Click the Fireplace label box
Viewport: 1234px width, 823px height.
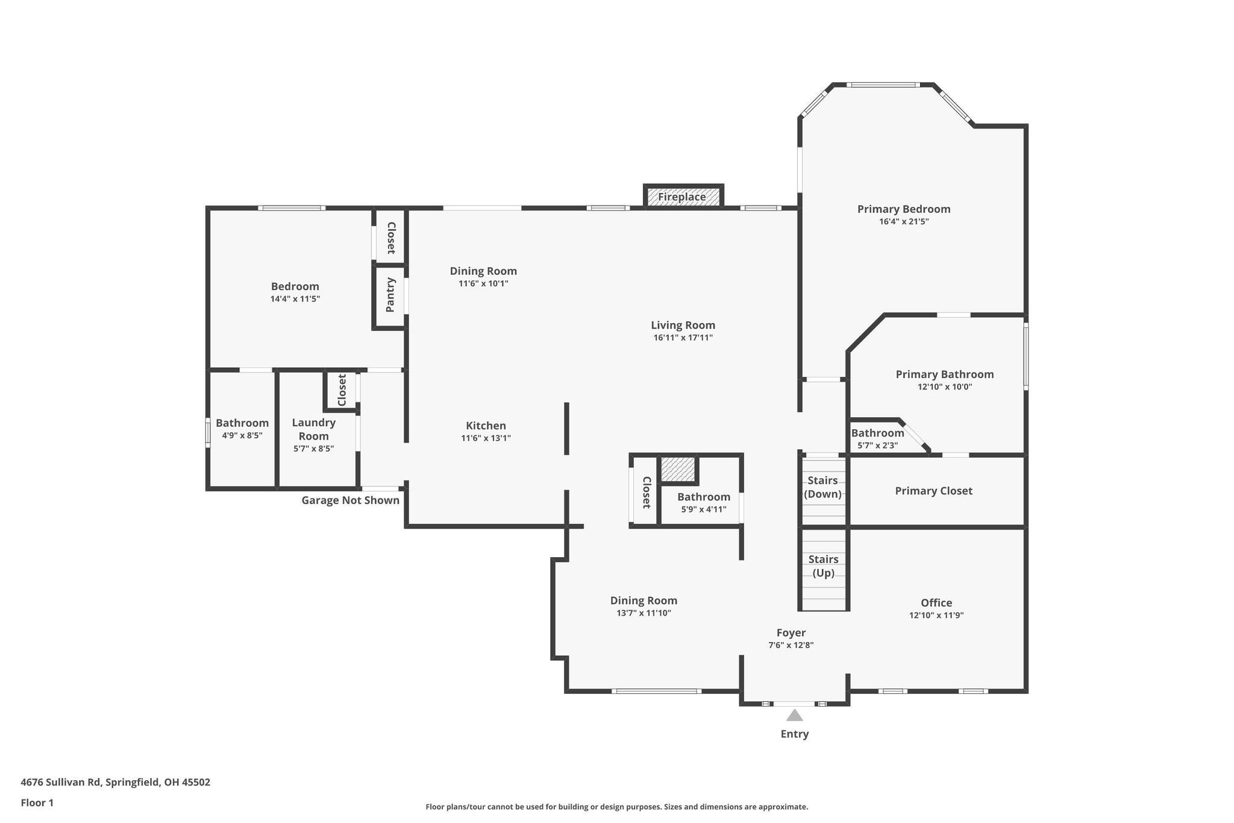pos(682,197)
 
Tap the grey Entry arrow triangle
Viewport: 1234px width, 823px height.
pos(795,716)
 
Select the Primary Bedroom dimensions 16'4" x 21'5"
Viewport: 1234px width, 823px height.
pos(904,221)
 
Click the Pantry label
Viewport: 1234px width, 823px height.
pos(390,295)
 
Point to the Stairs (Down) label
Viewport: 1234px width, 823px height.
pos(822,487)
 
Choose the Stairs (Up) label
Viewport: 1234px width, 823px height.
pos(823,566)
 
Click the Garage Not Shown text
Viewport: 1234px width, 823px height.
pos(350,500)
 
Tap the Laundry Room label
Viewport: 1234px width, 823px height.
pos(313,429)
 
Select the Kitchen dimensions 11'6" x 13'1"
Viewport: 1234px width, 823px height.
pos(486,438)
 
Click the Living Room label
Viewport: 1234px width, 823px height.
pos(683,325)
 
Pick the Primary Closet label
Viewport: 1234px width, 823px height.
pos(933,491)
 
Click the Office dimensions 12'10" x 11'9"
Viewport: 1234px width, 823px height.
pos(936,616)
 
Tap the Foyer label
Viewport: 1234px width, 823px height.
pos(791,632)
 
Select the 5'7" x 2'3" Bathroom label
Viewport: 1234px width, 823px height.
pos(877,433)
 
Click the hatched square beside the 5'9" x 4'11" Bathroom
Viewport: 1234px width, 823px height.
pos(678,469)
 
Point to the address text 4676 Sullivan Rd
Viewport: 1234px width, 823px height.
pos(115,782)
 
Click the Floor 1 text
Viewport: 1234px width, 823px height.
pos(37,803)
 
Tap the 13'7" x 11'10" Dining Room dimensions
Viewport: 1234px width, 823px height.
pos(644,613)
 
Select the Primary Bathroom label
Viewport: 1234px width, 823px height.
pos(944,374)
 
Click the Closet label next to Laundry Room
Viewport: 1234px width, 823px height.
pos(342,390)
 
